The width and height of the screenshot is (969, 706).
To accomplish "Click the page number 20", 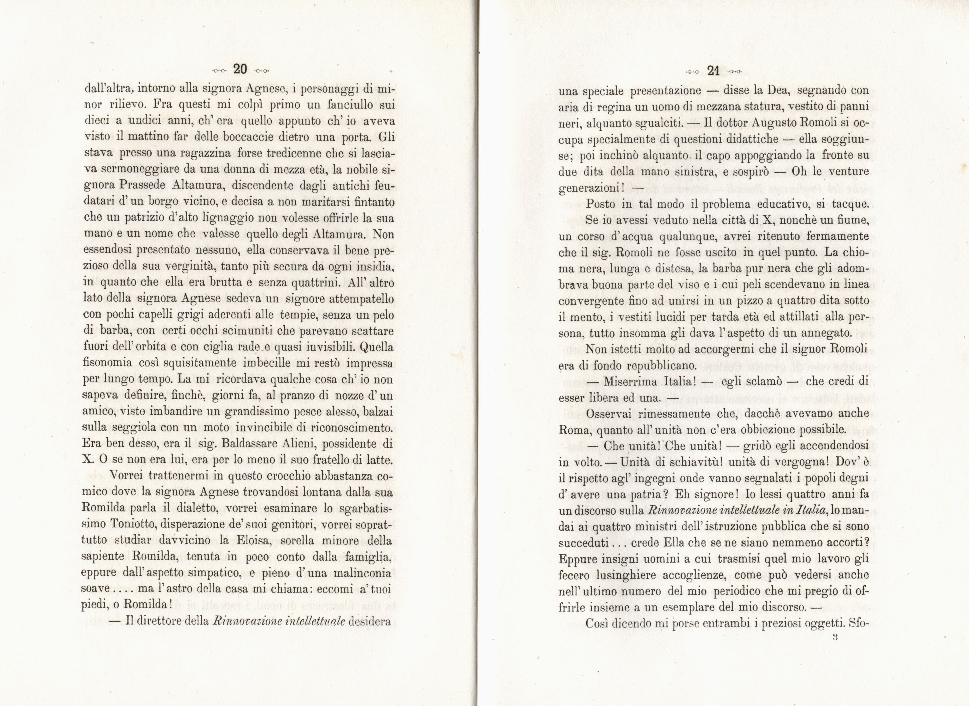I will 240,69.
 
